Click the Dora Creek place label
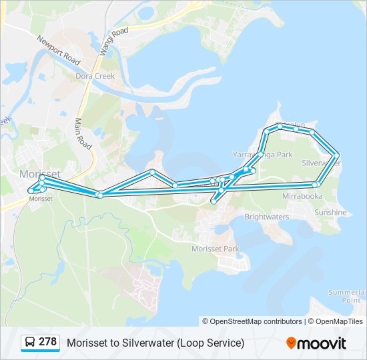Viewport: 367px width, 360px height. tap(95, 76)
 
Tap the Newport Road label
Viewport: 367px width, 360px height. tap(59, 50)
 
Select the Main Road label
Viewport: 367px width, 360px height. tap(83, 133)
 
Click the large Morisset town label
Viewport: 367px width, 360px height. tap(40, 174)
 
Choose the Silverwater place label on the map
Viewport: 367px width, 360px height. tap(321, 163)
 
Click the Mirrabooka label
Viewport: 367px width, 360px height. tap(302, 197)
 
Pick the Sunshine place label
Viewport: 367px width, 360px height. tap(330, 213)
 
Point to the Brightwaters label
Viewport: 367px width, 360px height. tap(266, 217)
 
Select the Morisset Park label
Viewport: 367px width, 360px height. tap(215, 249)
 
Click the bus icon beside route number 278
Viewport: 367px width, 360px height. tap(30, 342)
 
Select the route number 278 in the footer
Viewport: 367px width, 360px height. tap(48, 342)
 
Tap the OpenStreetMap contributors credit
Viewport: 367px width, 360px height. tap(256, 321)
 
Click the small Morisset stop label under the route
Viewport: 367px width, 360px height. tap(41, 199)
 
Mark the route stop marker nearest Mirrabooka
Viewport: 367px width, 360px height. tap(316, 184)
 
